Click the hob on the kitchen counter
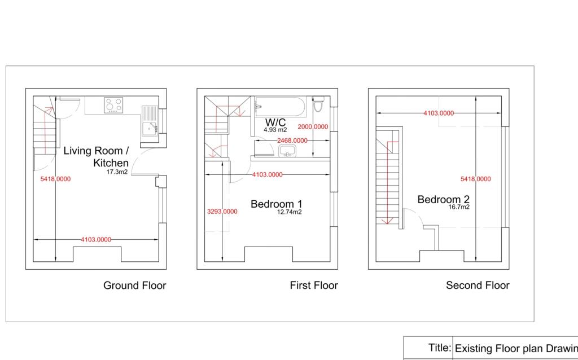113,105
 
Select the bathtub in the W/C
280,106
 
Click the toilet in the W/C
318,104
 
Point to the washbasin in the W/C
287,151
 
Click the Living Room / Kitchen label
96,157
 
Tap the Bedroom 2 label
444,199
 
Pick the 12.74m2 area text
290,212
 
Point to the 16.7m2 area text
459,207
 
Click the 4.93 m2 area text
275,130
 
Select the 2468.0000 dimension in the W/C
292,141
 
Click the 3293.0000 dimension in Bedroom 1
222,212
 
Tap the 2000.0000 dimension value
313,127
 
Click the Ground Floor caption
134,286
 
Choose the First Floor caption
314,286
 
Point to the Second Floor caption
478,286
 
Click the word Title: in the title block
440,348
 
